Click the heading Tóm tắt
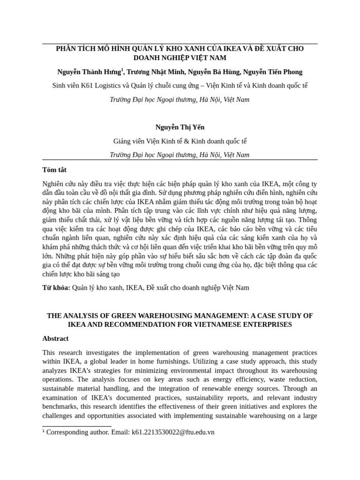coord(54,170)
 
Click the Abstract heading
coord(55,338)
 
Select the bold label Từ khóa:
coord(56,288)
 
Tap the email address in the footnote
coord(173,432)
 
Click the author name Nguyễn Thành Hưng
coord(89,72)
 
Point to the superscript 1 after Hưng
coord(122,69)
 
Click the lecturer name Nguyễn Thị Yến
coord(180,127)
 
